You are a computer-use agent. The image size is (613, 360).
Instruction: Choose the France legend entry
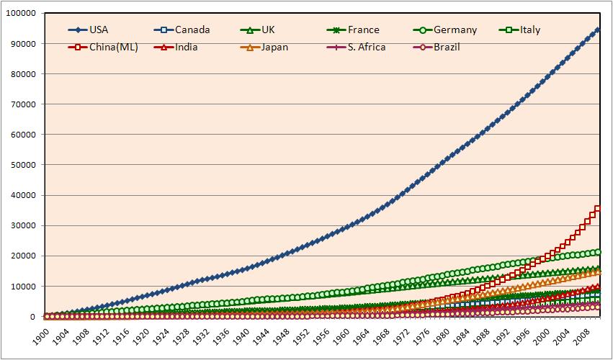pyautogui.click(x=353, y=30)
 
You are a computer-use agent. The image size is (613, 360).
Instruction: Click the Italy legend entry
pyautogui.click(x=520, y=30)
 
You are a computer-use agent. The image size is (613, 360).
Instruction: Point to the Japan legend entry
pyautogui.click(x=264, y=48)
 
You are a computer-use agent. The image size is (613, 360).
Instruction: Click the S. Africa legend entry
pyautogui.click(x=356, y=48)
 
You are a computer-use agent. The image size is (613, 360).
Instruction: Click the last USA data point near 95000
pyautogui.click(x=598, y=30)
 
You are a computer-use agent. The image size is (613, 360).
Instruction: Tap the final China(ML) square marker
pyautogui.click(x=598, y=209)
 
